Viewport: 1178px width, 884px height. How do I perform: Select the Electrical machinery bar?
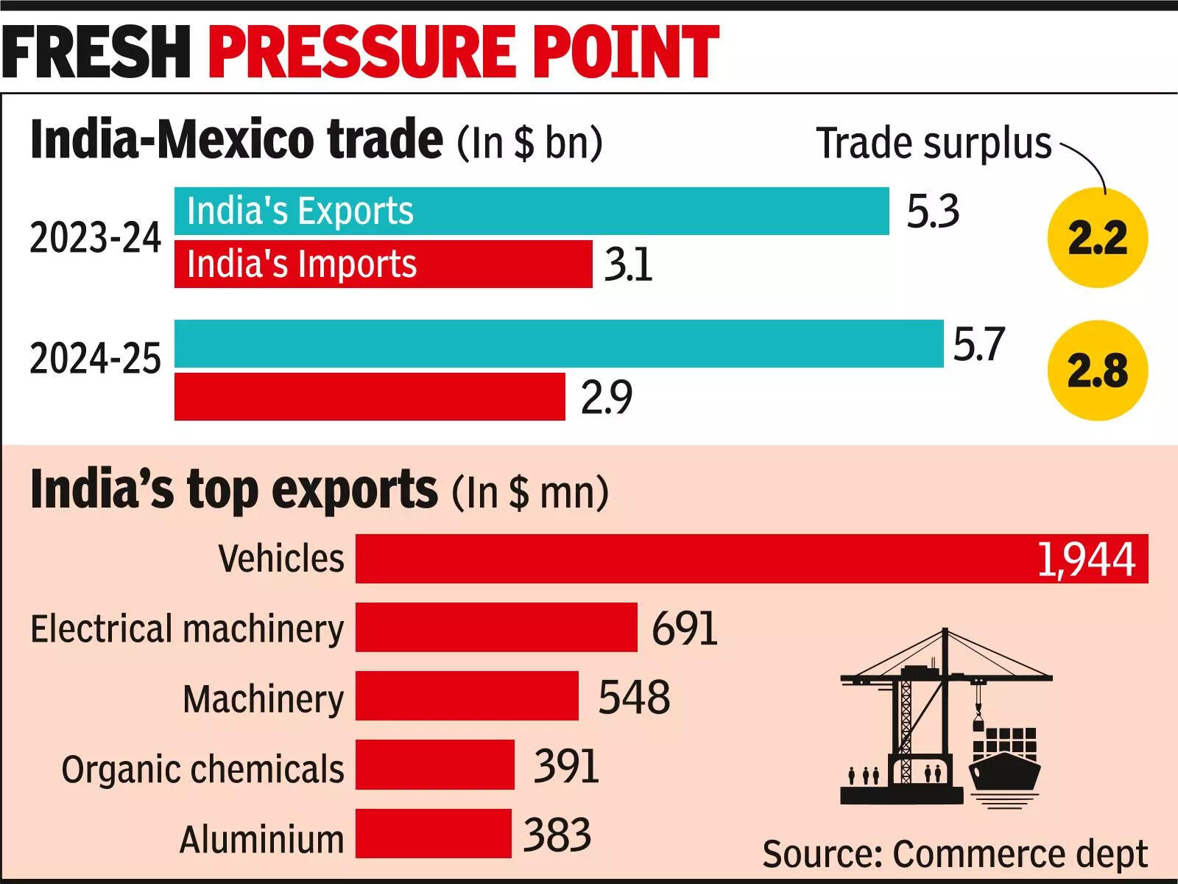(496, 627)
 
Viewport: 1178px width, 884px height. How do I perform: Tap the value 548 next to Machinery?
(634, 697)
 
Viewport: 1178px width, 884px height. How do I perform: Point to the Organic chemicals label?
(202, 769)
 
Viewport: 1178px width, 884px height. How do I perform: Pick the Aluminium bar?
(433, 833)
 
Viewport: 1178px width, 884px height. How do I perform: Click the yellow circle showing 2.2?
(1097, 238)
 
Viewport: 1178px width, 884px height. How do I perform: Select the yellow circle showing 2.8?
(1097, 371)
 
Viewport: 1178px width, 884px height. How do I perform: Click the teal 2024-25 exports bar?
(558, 343)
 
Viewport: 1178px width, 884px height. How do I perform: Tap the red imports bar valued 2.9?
(370, 396)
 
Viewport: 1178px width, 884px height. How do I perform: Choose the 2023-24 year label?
(95, 238)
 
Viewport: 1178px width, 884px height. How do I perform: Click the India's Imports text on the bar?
(302, 264)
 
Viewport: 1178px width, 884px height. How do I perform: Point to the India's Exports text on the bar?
(300, 211)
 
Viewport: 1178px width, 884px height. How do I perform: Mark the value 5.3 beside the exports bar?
(932, 211)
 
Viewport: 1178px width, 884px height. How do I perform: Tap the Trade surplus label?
(934, 143)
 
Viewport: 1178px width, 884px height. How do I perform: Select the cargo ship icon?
(1005, 766)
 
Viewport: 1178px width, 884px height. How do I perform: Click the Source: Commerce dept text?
(954, 855)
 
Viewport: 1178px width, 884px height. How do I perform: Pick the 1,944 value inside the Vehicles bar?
(1086, 559)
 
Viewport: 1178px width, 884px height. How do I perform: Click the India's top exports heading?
(234, 490)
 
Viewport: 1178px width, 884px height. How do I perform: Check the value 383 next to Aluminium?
(557, 835)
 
